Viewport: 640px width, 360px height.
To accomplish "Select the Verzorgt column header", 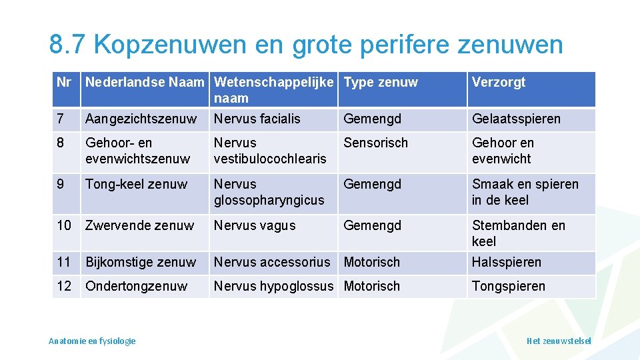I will pos(499,83).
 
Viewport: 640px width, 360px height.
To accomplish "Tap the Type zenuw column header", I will pos(381,83).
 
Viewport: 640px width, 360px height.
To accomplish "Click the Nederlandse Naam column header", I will pos(145,83).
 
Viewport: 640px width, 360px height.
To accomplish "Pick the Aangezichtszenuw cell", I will pos(141,119).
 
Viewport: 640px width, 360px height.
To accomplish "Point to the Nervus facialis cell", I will pos(257,119).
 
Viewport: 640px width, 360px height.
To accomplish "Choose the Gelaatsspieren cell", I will pos(516,119).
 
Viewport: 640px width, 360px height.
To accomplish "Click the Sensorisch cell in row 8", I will pos(375,143).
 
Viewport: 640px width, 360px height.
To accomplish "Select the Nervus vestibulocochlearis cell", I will pos(269,151).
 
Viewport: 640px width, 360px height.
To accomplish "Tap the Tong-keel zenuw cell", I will pos(136,184).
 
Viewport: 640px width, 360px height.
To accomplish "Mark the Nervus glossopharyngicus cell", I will pos(269,192).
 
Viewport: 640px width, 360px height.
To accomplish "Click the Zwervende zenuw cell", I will pos(139,225).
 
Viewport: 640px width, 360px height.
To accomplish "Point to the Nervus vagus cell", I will pos(254,225).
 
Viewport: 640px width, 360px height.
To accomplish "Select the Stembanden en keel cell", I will pos(518,233).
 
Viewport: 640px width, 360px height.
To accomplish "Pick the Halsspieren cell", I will pos(507,263).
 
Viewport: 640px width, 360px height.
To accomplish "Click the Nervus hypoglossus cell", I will pos(273,286).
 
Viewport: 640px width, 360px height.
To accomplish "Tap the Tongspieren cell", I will pos(508,287).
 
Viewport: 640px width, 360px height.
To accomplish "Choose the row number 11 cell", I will pos(64,262).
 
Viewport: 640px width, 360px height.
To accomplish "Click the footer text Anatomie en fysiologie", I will pos(92,341).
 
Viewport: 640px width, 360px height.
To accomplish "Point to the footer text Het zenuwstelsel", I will pos(558,341).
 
